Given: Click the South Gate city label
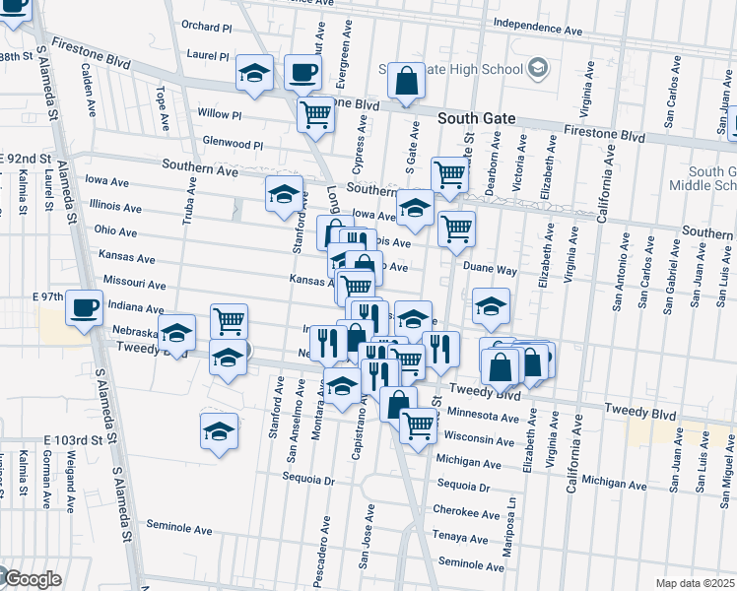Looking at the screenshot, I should [x=476, y=118].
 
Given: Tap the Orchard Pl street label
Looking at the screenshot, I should [x=205, y=26].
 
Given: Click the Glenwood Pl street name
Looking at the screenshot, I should [x=231, y=144].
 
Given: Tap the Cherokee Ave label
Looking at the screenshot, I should [x=466, y=513].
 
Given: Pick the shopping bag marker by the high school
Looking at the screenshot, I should [x=406, y=81].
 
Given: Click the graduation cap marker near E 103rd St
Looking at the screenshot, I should [x=219, y=429].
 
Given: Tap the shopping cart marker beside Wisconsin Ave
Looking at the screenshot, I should [x=419, y=425].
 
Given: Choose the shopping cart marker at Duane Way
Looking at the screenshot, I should [x=456, y=229].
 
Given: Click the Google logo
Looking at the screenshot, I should [x=32, y=579].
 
